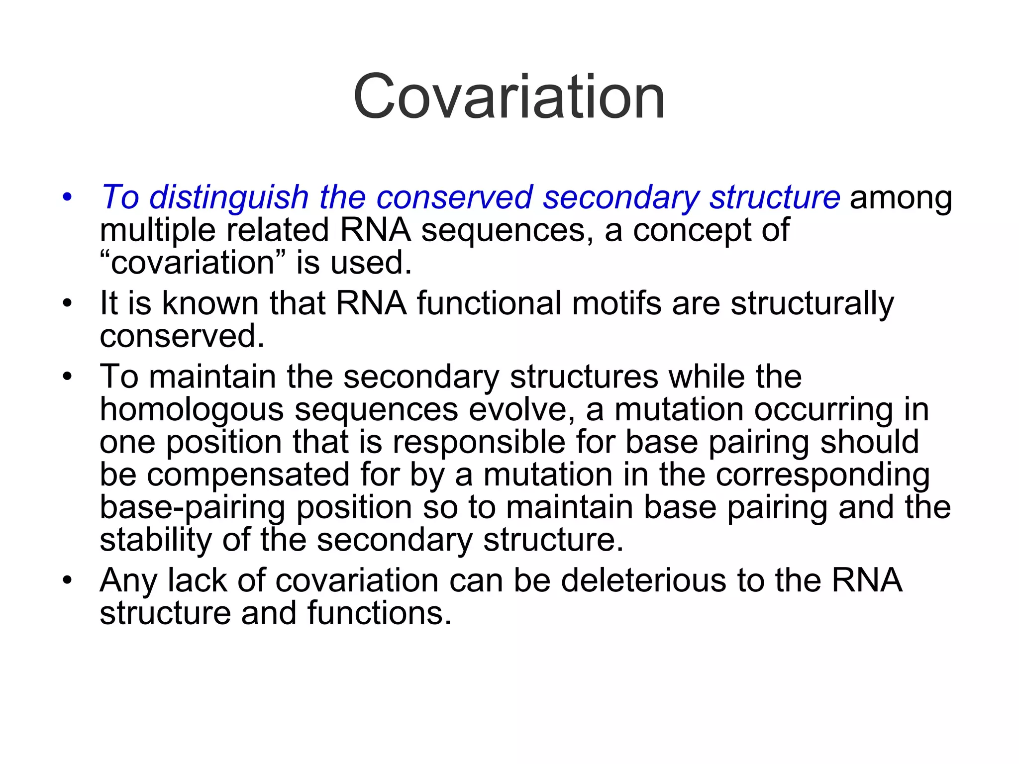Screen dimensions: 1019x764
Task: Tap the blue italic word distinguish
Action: pyautogui.click(x=229, y=197)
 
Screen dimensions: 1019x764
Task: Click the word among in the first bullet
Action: pyautogui.click(x=901, y=197)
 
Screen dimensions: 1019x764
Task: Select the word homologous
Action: pyautogui.click(x=192, y=410)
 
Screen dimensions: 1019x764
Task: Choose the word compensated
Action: pyautogui.click(x=248, y=475)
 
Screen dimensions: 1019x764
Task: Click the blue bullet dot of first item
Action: pyautogui.click(x=67, y=197)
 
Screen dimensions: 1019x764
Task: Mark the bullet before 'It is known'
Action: pyautogui.click(x=67, y=303)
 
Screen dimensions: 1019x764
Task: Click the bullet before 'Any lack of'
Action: pyautogui.click(x=67, y=580)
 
